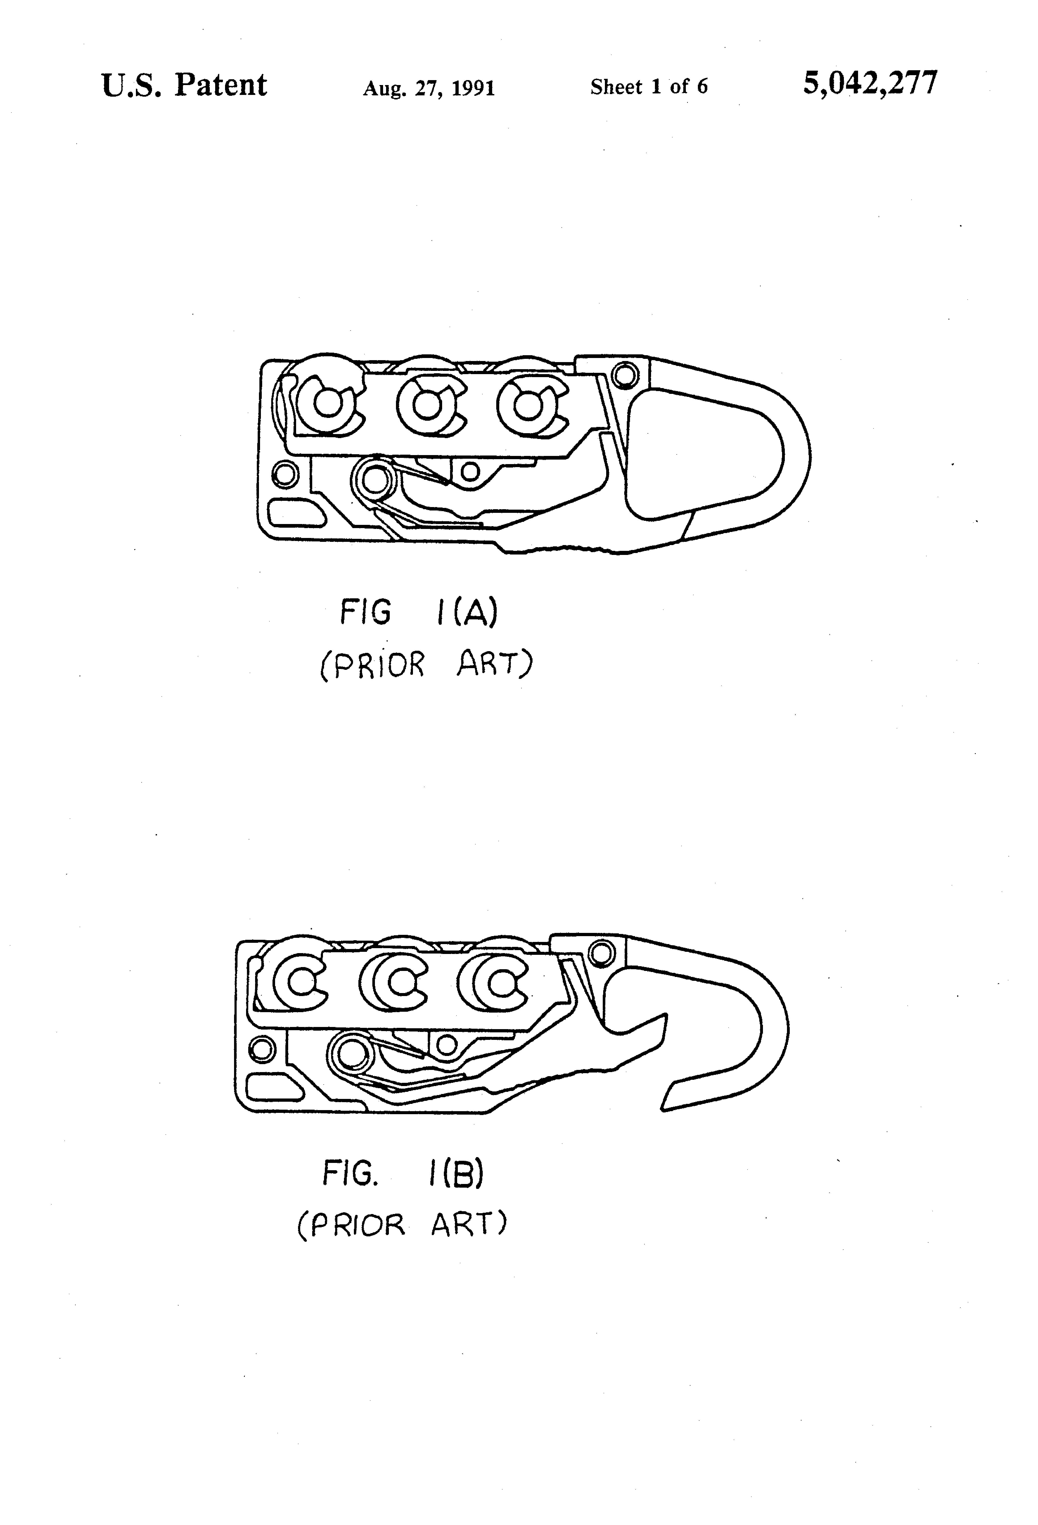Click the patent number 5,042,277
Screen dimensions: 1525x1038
click(870, 84)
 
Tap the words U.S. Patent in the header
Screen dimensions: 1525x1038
click(184, 85)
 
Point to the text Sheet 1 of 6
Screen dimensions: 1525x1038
click(648, 87)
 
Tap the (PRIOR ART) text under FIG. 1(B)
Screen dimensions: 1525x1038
click(402, 1225)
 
